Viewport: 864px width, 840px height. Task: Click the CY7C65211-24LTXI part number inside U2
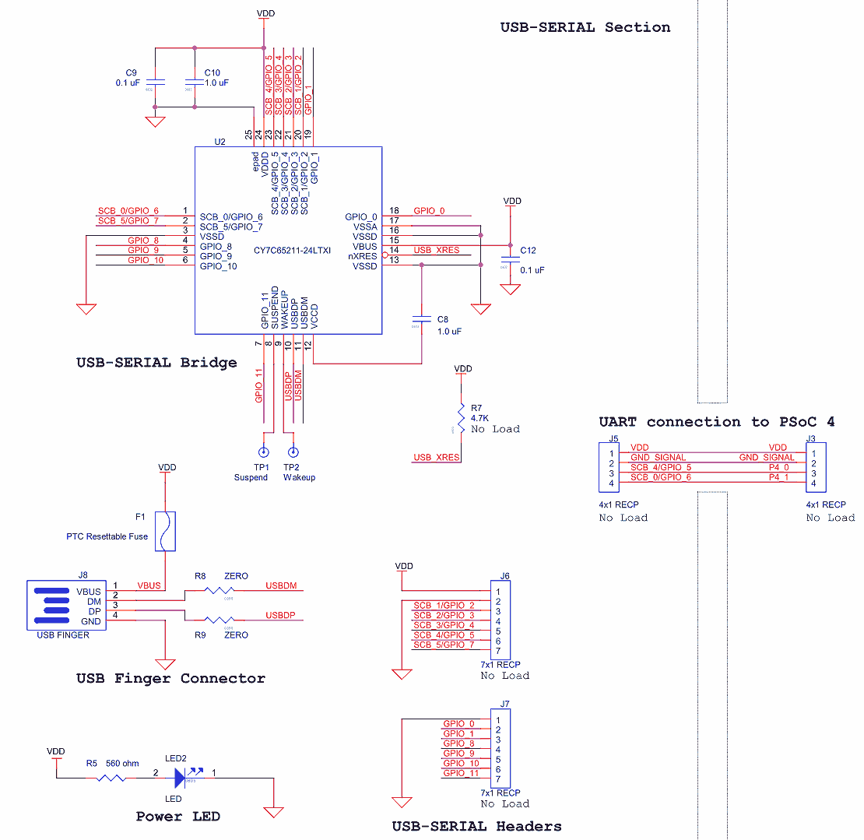[x=293, y=251]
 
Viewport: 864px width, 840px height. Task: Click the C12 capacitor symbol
[x=511, y=256]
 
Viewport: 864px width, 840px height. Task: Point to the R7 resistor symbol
[x=462, y=420]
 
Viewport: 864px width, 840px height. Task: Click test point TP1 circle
[x=264, y=452]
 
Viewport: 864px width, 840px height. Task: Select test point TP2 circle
[x=293, y=452]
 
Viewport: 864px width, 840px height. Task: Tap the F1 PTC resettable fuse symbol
[x=165, y=531]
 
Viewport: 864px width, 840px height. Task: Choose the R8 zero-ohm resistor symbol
[x=220, y=591]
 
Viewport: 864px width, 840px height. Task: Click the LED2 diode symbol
[x=184, y=776]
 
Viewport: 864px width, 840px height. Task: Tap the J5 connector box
[x=609, y=467]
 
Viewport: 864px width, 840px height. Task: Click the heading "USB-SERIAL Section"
[x=585, y=27]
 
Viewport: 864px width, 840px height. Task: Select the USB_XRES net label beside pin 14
[x=436, y=251]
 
